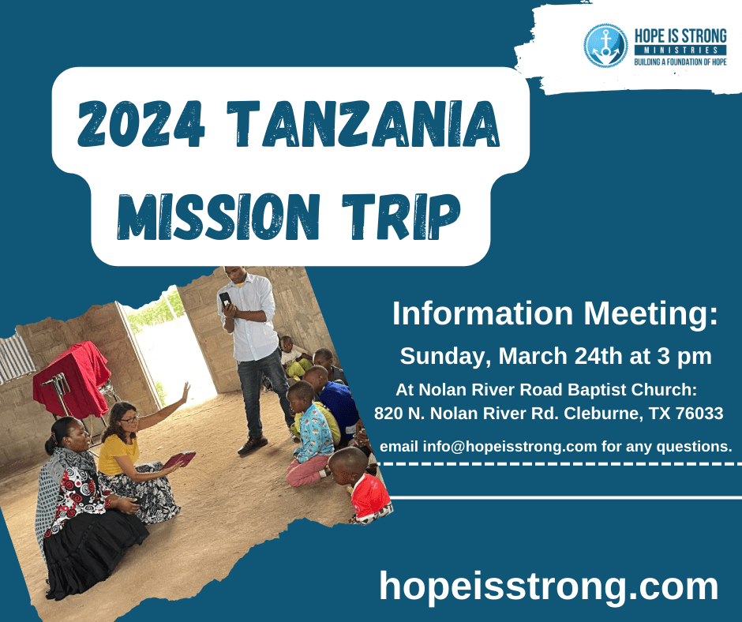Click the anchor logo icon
tap(605, 46)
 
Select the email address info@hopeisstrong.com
tap(510, 446)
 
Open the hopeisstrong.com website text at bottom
tap(549, 586)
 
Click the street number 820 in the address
tap(388, 413)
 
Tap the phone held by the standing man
tap(226, 300)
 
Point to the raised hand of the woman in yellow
tap(185, 391)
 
